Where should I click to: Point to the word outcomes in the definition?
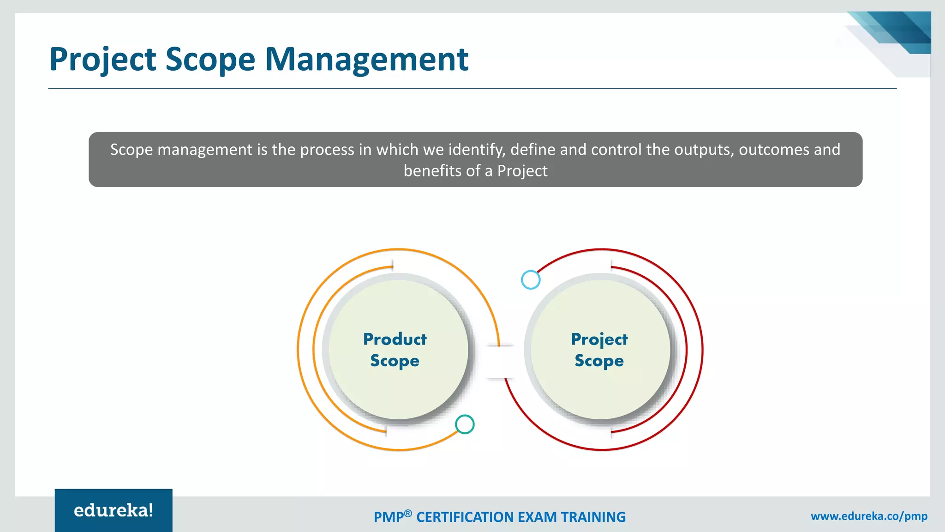[x=774, y=150]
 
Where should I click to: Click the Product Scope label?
[x=395, y=350]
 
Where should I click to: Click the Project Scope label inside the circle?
[x=599, y=350]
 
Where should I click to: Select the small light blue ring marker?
[x=531, y=280]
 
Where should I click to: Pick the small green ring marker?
[x=465, y=424]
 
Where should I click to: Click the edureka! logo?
[x=114, y=510]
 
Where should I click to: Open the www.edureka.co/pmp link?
[x=869, y=516]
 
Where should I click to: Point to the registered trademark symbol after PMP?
[x=408, y=513]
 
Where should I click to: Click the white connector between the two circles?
[x=500, y=362]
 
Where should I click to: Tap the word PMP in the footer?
[x=388, y=517]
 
